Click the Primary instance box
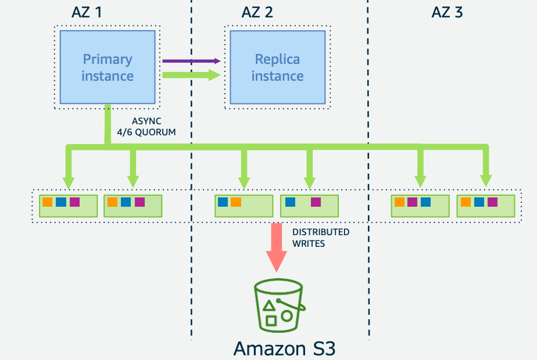coord(108,67)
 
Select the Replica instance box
coord(277,67)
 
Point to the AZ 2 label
coord(257,12)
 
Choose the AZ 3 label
coord(448,12)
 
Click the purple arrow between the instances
coord(191,60)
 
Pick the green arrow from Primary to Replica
coord(191,74)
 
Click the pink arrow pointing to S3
coord(276,247)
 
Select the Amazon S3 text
coord(285,348)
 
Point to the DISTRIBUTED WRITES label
coord(320,237)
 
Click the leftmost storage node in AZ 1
coord(68,206)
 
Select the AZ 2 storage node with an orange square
coord(244,206)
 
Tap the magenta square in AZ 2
coord(316,202)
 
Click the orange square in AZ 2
coord(235,202)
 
